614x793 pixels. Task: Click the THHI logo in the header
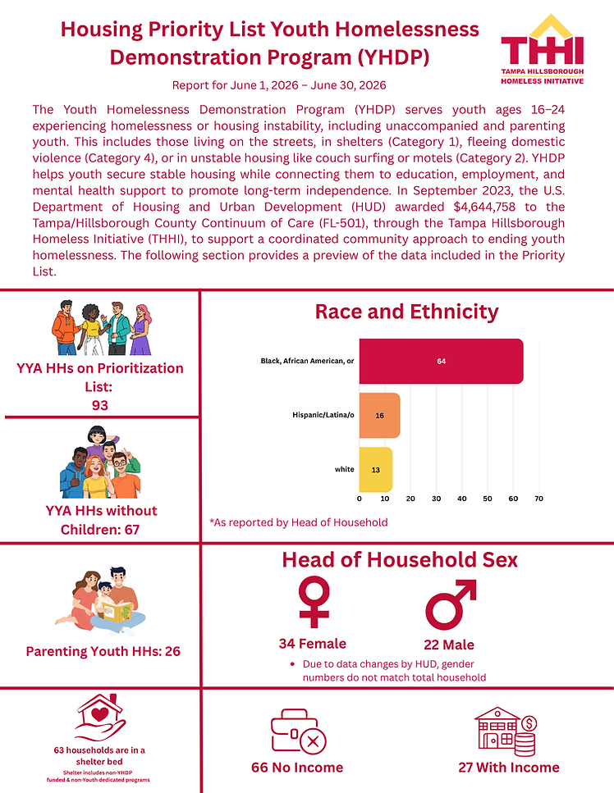pyautogui.click(x=542, y=49)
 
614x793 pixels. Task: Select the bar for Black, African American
pyautogui.click(x=441, y=361)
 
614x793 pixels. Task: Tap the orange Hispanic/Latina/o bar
pyautogui.click(x=379, y=415)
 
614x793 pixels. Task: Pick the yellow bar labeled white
pyautogui.click(x=376, y=469)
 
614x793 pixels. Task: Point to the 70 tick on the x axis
pyautogui.click(x=538, y=499)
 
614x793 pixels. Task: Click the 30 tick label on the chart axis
pyautogui.click(x=437, y=499)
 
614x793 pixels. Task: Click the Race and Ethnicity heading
pyautogui.click(x=406, y=312)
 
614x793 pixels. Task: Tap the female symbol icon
pyautogui.click(x=314, y=603)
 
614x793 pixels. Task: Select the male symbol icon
pyautogui.click(x=451, y=604)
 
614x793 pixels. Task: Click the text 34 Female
pyautogui.click(x=312, y=644)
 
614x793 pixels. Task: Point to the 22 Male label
pyautogui.click(x=449, y=645)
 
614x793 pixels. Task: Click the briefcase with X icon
pyautogui.click(x=298, y=731)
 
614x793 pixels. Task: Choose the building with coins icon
pyautogui.click(x=506, y=731)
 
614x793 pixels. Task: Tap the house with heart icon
pyautogui.click(x=100, y=717)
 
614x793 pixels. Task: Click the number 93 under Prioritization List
pyautogui.click(x=99, y=406)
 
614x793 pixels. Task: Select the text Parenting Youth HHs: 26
pyautogui.click(x=103, y=651)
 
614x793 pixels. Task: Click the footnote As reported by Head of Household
pyautogui.click(x=299, y=522)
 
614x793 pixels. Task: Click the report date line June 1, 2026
pyautogui.click(x=279, y=85)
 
